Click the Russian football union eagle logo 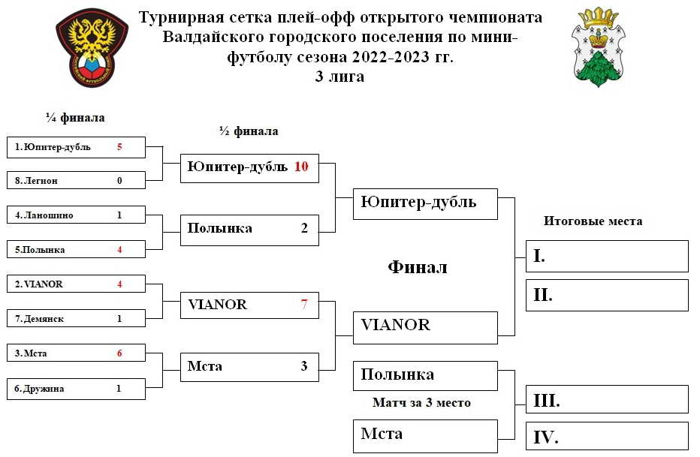[x=92, y=47]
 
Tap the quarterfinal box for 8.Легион [x=76, y=180]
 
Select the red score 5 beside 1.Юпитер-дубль [x=119, y=146]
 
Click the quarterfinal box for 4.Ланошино [x=76, y=215]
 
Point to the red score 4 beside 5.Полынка [x=119, y=249]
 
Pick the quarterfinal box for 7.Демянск [x=76, y=318]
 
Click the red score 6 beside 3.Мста [x=119, y=353]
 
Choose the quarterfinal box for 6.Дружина [x=76, y=389]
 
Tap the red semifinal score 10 [x=301, y=167]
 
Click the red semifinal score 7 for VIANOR [x=304, y=304]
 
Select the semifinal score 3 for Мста [x=304, y=366]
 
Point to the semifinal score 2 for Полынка [x=304, y=228]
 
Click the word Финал [x=418, y=267]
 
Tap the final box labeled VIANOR [x=425, y=328]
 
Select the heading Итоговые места [x=593, y=221]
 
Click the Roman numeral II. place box [x=607, y=295]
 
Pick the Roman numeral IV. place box [x=607, y=437]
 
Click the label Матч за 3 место [x=421, y=403]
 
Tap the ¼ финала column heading [x=75, y=118]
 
